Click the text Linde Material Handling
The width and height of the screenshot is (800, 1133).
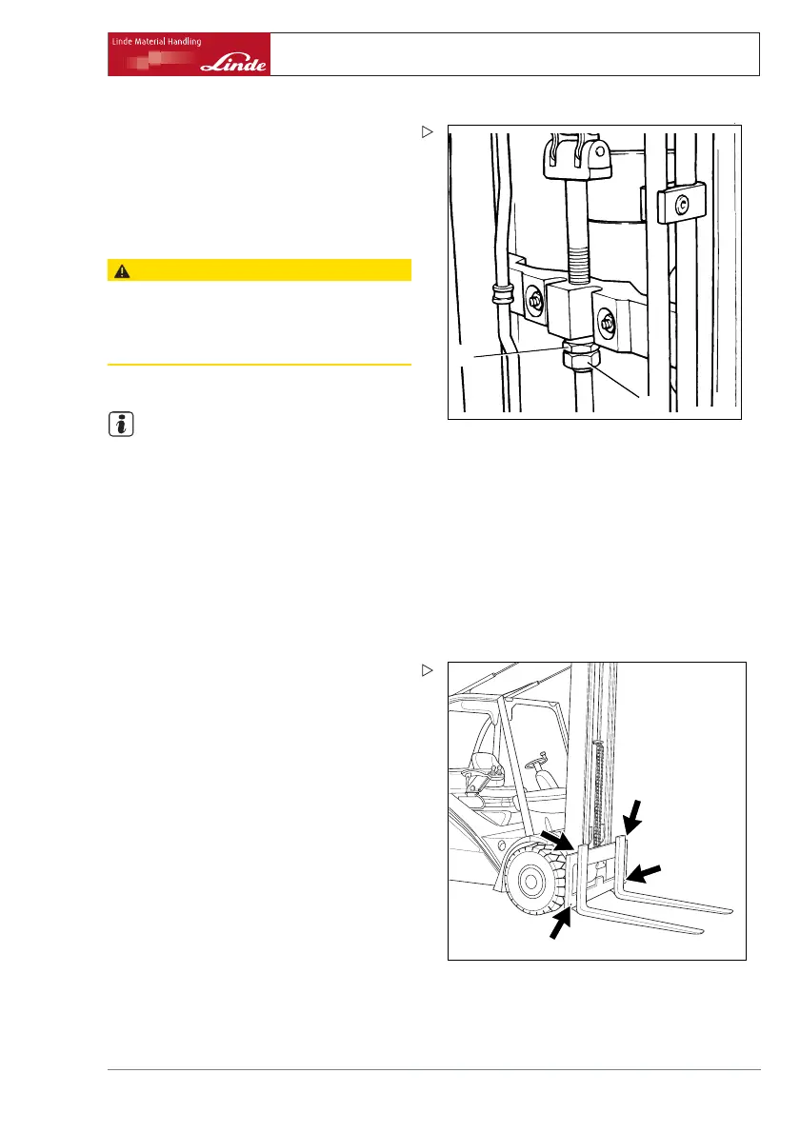pos(155,42)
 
